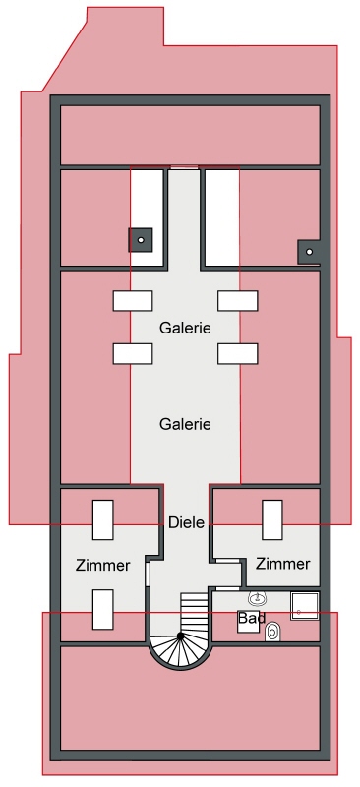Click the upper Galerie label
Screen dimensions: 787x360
(x=186, y=327)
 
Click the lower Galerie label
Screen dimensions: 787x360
(x=186, y=424)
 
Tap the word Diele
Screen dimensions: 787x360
(x=186, y=522)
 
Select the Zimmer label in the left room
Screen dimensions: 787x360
(x=102, y=566)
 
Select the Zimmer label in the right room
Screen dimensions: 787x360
(x=283, y=564)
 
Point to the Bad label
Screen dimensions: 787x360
(x=250, y=618)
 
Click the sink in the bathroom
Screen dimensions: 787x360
(x=258, y=598)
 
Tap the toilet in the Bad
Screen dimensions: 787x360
(x=273, y=633)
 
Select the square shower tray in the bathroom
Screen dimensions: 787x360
(x=305, y=605)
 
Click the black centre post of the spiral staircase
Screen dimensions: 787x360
(x=181, y=637)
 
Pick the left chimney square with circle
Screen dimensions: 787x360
(x=141, y=239)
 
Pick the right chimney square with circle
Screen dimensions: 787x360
(x=310, y=252)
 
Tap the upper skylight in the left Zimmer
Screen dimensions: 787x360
(x=103, y=519)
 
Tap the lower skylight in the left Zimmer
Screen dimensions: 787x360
(x=103, y=609)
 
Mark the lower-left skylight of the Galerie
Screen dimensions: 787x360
(x=132, y=352)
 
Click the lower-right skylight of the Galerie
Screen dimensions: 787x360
(x=238, y=352)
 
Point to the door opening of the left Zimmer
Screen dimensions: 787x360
(x=148, y=573)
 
